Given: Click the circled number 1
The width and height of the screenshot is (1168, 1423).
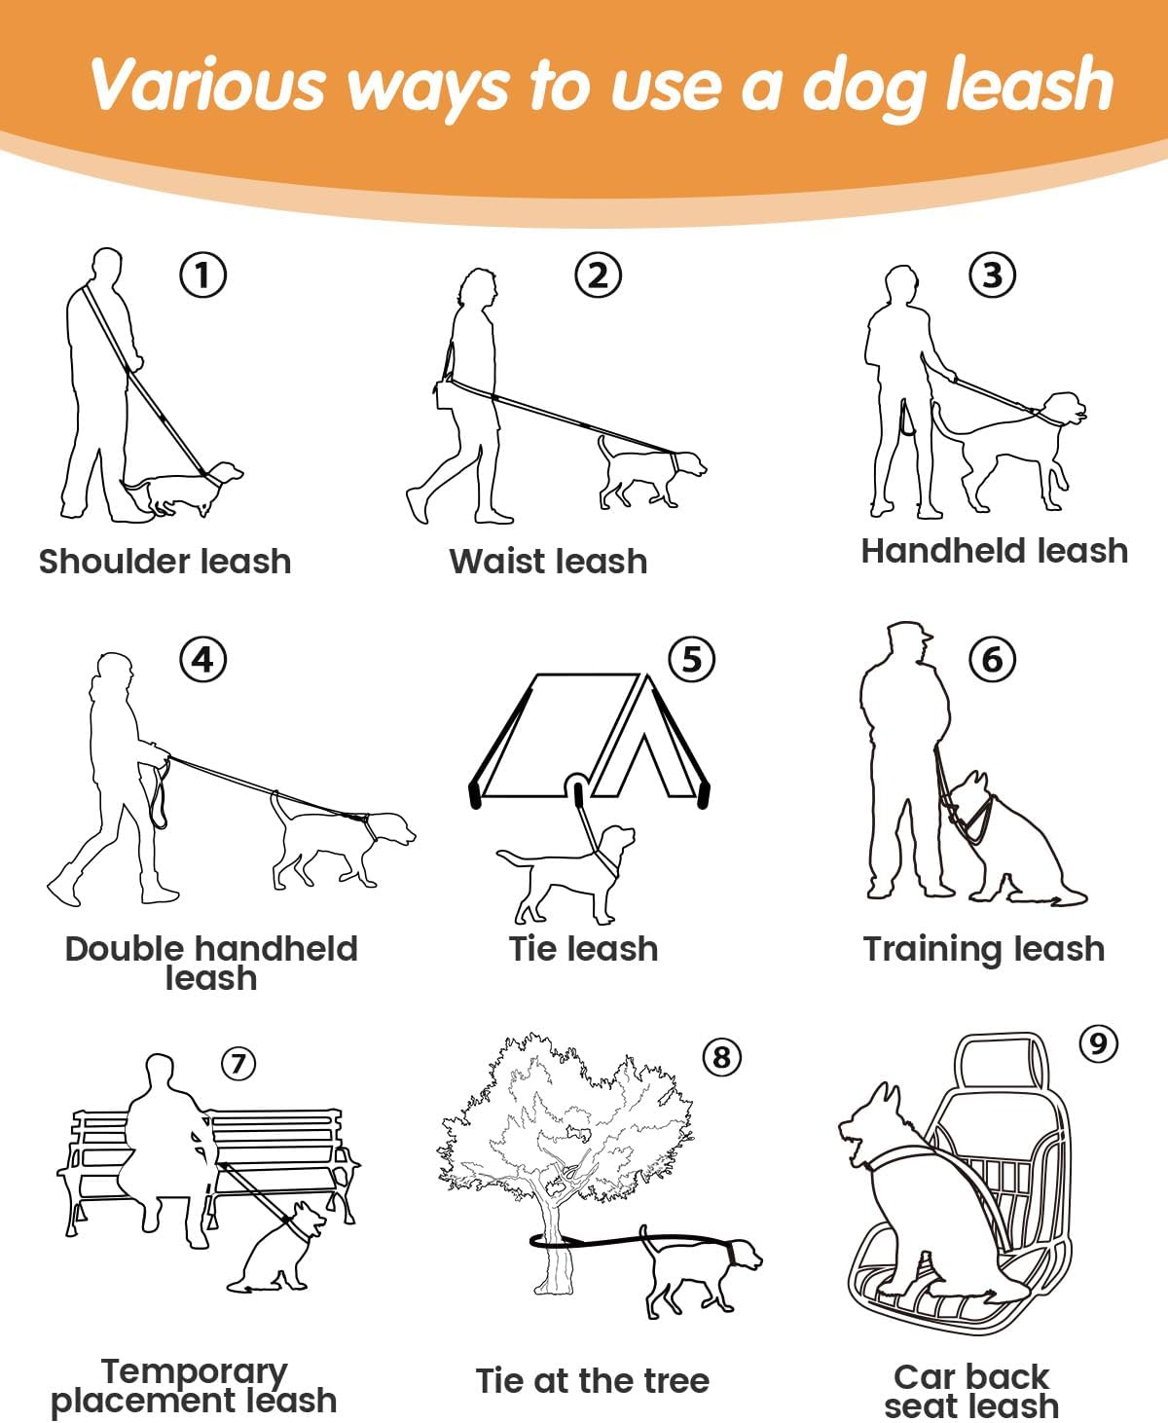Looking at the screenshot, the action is pyautogui.click(x=203, y=274).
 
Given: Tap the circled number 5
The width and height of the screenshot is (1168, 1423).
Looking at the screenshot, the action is pyautogui.click(x=692, y=659).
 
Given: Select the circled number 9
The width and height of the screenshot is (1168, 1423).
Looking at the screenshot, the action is pyautogui.click(x=1099, y=1043).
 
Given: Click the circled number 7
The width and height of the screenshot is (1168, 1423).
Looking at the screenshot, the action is pyautogui.click(x=238, y=1064).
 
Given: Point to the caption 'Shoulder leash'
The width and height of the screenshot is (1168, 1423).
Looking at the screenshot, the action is pyautogui.click(x=164, y=562).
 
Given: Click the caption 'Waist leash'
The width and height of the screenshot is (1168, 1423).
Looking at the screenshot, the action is pyautogui.click(x=548, y=562).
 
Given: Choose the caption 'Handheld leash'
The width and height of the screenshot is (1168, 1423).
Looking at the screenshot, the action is pyautogui.click(x=995, y=551).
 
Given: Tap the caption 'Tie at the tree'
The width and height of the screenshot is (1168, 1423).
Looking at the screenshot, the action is pyautogui.click(x=593, y=1380).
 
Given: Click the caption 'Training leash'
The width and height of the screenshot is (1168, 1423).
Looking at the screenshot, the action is pyautogui.click(x=984, y=949).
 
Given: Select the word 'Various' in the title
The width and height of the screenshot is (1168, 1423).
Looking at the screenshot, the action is pyautogui.click(x=208, y=85).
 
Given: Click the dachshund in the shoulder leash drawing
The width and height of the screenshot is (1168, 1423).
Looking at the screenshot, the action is pyautogui.click(x=182, y=488).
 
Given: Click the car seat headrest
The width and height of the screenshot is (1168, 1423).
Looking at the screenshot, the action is pyautogui.click(x=1004, y=1064).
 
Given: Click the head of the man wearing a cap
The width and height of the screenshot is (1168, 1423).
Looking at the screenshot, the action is pyautogui.click(x=907, y=643).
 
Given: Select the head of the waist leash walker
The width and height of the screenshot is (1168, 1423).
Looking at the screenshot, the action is pyautogui.click(x=478, y=289).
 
